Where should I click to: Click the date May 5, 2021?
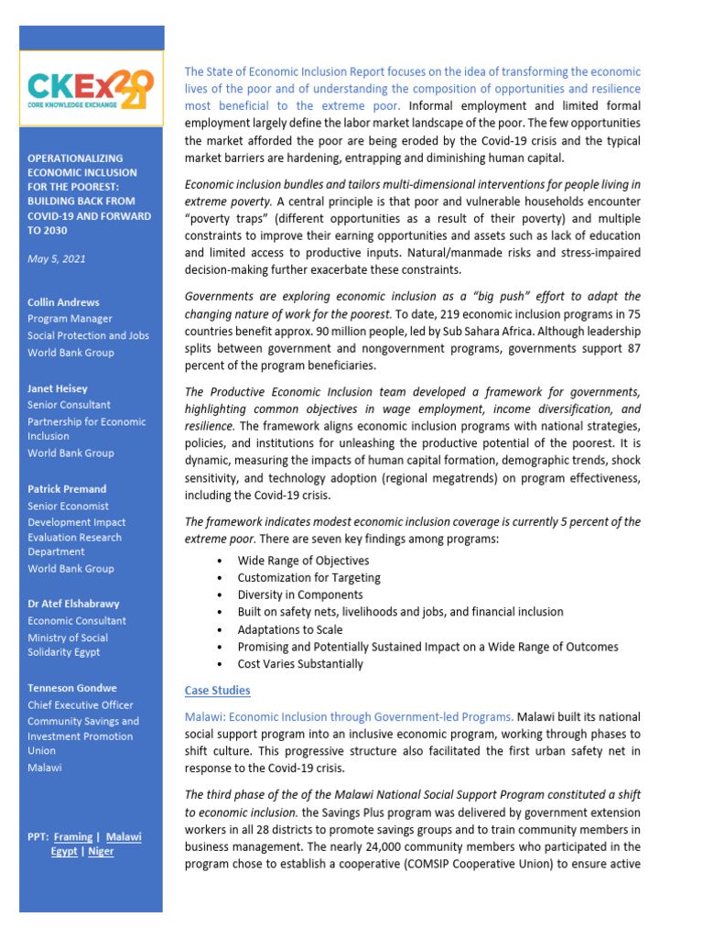click(57, 258)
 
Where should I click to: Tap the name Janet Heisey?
click(59, 387)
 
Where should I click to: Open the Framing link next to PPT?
click(73, 836)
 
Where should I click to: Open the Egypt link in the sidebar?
click(63, 852)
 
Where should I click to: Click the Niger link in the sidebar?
click(100, 852)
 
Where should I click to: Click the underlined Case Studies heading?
click(217, 690)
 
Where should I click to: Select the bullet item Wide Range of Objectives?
click(303, 561)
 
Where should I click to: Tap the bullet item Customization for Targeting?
click(308, 578)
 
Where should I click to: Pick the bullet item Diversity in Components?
click(300, 594)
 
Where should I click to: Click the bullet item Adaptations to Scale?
click(290, 629)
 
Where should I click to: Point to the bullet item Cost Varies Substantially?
click(300, 664)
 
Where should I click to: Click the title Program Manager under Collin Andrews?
click(70, 319)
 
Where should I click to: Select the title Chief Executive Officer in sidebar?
click(80, 705)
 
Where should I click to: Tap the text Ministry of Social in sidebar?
click(68, 638)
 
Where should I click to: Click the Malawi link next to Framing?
click(124, 836)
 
